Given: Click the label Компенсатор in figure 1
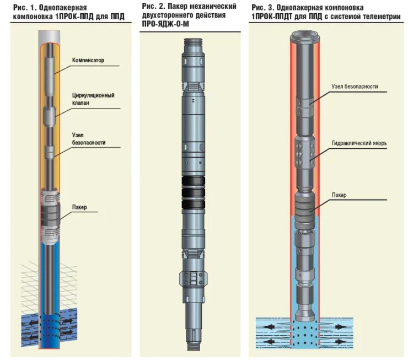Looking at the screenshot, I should (88, 60).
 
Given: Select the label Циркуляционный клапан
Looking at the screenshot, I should (93, 99).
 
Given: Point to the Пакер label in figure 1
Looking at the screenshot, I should (79, 208).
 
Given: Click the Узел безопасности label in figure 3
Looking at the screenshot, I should (355, 87).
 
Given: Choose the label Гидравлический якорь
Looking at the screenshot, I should (359, 143).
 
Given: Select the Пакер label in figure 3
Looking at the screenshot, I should (339, 195).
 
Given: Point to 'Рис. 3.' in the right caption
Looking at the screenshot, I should (262, 8).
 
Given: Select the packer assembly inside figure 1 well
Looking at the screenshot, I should (50, 212).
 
